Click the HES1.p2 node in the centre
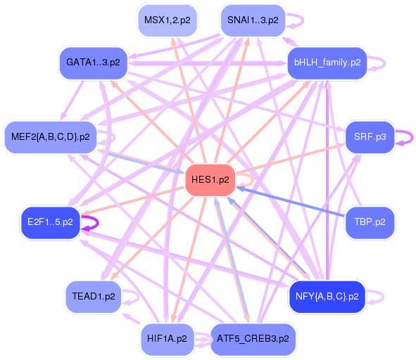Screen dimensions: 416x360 click(x=210, y=180)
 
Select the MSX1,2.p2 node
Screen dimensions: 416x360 click(x=168, y=20)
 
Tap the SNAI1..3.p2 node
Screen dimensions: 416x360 click(x=253, y=20)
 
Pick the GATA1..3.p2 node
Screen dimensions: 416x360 click(x=94, y=63)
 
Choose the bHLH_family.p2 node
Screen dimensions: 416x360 click(x=327, y=63)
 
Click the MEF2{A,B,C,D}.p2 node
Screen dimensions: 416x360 click(x=51, y=137)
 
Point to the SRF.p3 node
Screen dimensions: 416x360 click(x=370, y=137)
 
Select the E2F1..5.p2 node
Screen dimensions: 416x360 click(x=51, y=222)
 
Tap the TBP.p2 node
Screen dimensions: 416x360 click(x=370, y=222)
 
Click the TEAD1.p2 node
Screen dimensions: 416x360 click(x=94, y=297)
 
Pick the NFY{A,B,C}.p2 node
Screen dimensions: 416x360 click(x=327, y=297)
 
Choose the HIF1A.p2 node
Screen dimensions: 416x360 click(x=167, y=339)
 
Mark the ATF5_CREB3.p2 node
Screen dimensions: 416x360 click(x=253, y=339)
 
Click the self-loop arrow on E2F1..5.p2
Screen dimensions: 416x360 click(x=98, y=222)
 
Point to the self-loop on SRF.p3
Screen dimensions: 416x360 click(x=412, y=137)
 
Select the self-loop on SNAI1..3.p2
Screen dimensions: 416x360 click(x=303, y=20)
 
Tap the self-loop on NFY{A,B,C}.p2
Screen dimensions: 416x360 click(x=384, y=297)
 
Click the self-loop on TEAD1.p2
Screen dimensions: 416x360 click(x=139, y=297)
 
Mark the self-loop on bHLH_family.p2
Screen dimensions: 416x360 click(x=385, y=63)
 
